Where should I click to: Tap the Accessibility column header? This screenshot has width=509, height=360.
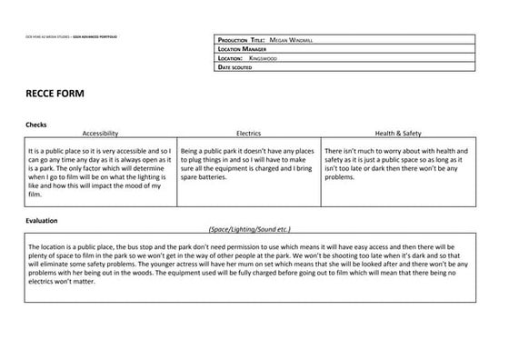tap(100, 133)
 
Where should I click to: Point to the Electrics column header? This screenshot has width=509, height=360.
tap(248, 133)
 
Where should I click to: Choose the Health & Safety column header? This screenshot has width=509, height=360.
tap(395, 133)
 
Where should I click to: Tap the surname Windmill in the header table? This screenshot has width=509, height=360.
tap(304, 41)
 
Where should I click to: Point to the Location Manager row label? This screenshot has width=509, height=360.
tap(242, 49)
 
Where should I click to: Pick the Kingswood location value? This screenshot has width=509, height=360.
tap(264, 58)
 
